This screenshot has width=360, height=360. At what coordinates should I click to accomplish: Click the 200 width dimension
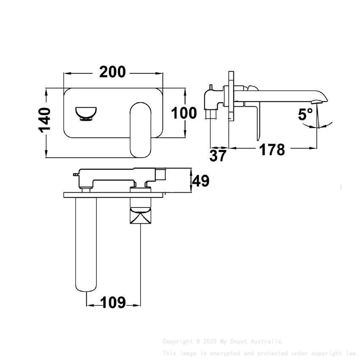(x=113, y=72)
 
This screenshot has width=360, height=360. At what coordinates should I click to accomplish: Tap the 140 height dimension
(x=45, y=120)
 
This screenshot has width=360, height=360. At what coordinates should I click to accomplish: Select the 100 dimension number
(x=184, y=113)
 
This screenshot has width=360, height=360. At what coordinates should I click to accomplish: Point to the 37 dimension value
(x=218, y=156)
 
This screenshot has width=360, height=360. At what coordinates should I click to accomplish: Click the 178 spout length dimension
(x=272, y=150)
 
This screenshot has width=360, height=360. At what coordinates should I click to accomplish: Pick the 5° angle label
(x=305, y=114)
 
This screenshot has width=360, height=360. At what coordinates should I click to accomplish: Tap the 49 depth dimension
(x=201, y=181)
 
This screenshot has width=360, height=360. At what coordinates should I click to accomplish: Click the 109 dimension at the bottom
(x=113, y=303)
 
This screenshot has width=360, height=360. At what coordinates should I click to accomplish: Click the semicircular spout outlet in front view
(x=86, y=113)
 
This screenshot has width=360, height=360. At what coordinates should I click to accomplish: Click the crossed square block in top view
(x=140, y=219)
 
